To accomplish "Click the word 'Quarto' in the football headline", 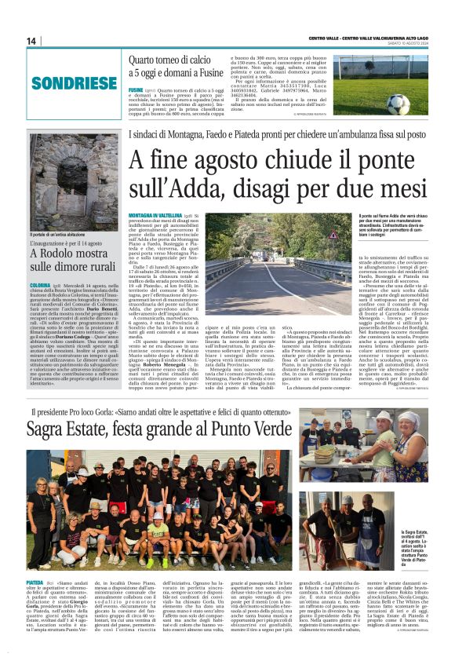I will coord(146,59).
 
